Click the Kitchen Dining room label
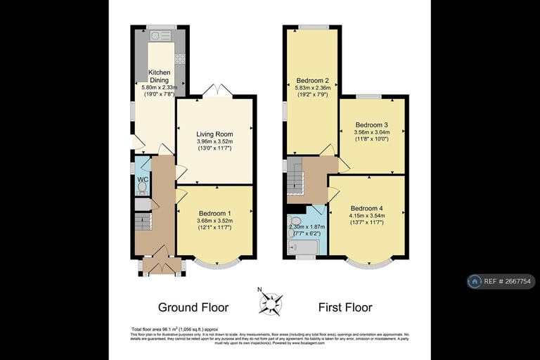[158, 77]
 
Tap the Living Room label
[214, 134]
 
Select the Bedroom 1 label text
[214, 214]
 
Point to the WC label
[143, 179]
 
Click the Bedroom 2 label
[313, 80]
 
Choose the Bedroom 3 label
[372, 124]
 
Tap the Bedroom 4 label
[367, 208]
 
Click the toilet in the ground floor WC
[141, 188]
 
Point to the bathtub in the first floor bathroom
[303, 247]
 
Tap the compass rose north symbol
[270, 303]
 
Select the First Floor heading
[345, 307]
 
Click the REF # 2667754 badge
[501, 281]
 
